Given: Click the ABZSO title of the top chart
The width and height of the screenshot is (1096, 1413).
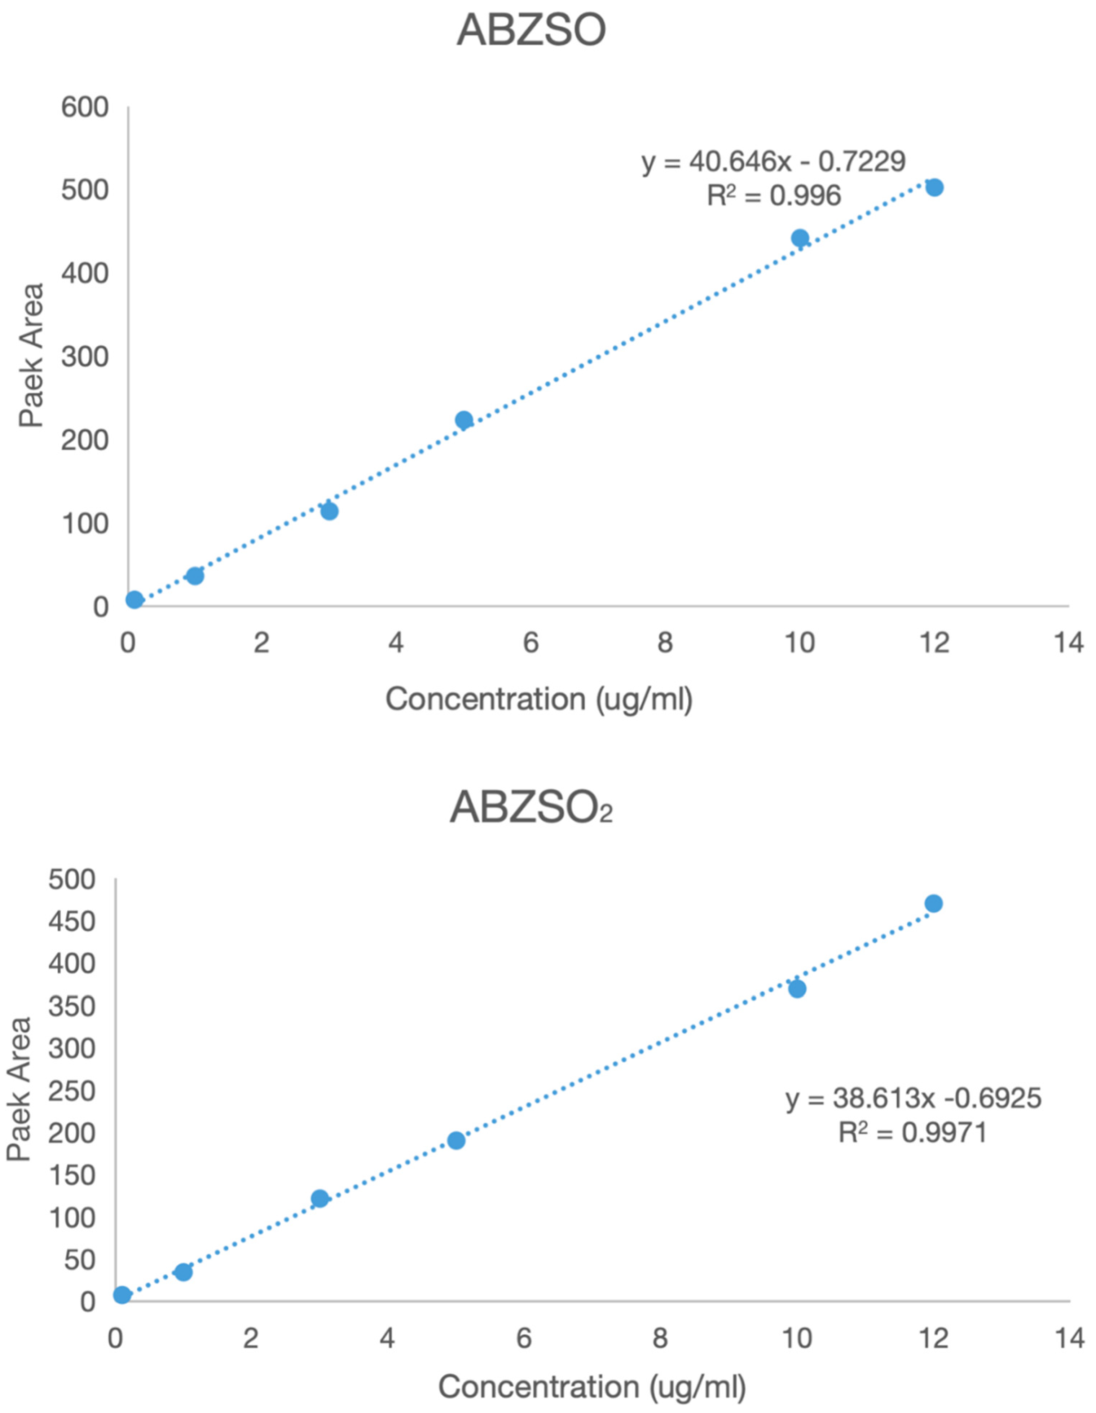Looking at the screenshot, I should click(x=531, y=30).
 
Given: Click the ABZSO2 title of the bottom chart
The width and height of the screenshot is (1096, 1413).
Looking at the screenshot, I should click(x=531, y=808).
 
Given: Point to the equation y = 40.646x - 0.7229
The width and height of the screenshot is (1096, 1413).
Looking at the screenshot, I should click(x=773, y=162).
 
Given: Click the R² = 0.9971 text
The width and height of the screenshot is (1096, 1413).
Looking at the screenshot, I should click(x=912, y=1132).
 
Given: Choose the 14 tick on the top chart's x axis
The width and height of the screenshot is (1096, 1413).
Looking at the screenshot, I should click(x=1068, y=643).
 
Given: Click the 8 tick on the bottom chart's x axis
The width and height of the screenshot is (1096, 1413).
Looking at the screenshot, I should click(x=660, y=1338).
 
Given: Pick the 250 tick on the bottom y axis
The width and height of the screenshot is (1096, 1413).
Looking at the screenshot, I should click(x=72, y=1091).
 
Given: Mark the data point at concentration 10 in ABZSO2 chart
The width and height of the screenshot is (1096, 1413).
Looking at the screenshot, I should click(x=797, y=988).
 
